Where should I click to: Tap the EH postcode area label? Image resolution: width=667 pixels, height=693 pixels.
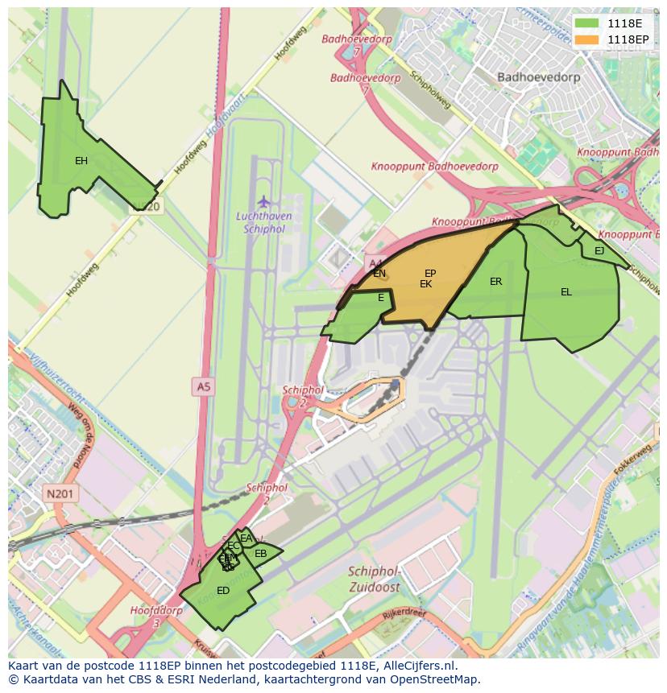click(x=81, y=161)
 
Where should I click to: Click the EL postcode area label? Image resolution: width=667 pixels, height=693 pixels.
click(x=566, y=292)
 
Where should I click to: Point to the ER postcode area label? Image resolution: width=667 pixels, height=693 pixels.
click(x=496, y=282)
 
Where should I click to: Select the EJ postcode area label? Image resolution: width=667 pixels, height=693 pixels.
click(x=599, y=251)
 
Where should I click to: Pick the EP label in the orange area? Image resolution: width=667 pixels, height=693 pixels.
click(x=430, y=274)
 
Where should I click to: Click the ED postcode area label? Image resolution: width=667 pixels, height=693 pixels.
click(x=223, y=591)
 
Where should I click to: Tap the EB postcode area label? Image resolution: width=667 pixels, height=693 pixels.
click(x=260, y=554)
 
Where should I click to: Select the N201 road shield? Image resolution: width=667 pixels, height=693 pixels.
click(x=60, y=494)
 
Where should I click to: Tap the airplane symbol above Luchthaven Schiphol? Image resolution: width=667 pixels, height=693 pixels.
click(x=263, y=200)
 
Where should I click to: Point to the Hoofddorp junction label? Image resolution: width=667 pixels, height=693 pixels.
click(x=156, y=611)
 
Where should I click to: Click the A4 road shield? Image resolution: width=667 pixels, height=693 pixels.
click(x=375, y=263)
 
